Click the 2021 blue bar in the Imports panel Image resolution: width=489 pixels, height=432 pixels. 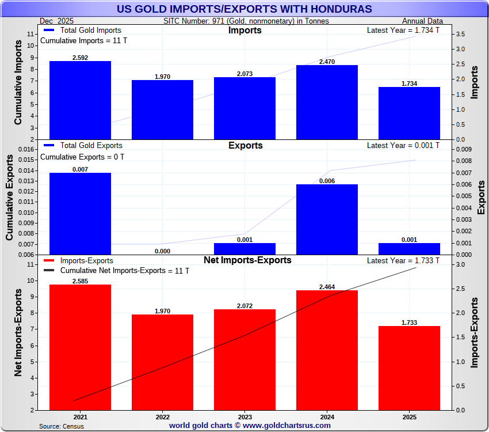tap(80, 100)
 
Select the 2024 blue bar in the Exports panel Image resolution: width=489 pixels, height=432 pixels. tap(327, 219)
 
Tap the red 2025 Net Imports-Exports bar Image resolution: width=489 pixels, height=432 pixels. tap(409, 368)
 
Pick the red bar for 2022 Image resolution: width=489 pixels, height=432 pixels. tap(162, 362)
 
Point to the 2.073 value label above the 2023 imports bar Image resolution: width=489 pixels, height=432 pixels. tap(244, 74)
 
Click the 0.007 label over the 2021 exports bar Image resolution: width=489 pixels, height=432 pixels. tap(80, 169)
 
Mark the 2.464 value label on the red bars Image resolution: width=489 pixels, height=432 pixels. tap(327, 287)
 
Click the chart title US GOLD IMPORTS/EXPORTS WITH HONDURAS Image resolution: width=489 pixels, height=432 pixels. tap(244, 9)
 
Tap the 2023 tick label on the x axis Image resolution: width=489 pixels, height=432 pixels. tap(244, 416)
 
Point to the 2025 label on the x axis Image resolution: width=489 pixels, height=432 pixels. tap(409, 416)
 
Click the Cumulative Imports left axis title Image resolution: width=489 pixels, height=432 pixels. tap(18, 86)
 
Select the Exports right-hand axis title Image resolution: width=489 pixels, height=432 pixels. tap(481, 198)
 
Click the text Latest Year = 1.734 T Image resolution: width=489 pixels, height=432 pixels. tap(403, 30)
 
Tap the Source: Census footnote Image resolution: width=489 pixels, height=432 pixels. tap(62, 426)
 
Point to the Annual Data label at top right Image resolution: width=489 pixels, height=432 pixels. tap(422, 21)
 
